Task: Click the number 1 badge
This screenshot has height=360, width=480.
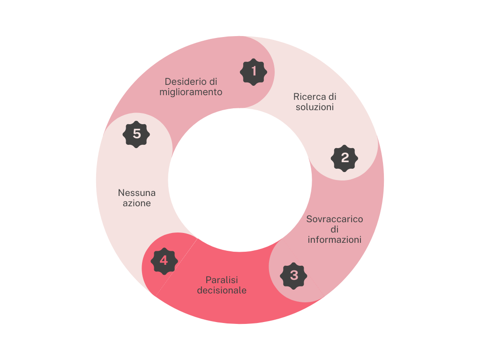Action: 254,72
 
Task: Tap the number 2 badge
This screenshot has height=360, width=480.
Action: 345,158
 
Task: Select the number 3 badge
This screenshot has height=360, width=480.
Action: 294,275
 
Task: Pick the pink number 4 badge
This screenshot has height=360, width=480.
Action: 164,260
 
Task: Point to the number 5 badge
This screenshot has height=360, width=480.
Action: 136,134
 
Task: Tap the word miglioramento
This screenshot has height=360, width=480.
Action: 191,92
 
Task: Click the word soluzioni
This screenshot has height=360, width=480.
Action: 315,107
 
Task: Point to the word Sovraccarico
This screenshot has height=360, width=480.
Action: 335,219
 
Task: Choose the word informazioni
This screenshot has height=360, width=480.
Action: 335,240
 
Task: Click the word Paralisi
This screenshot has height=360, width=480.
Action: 222,280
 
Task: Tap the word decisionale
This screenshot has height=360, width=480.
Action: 222,290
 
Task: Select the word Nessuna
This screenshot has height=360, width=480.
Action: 137,193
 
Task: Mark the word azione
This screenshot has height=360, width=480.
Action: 137,203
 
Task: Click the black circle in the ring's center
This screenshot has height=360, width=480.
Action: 240,180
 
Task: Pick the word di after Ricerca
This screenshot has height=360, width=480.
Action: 332,97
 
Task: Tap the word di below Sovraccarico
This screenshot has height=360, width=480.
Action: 335,229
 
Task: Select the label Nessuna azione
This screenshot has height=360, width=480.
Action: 137,198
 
